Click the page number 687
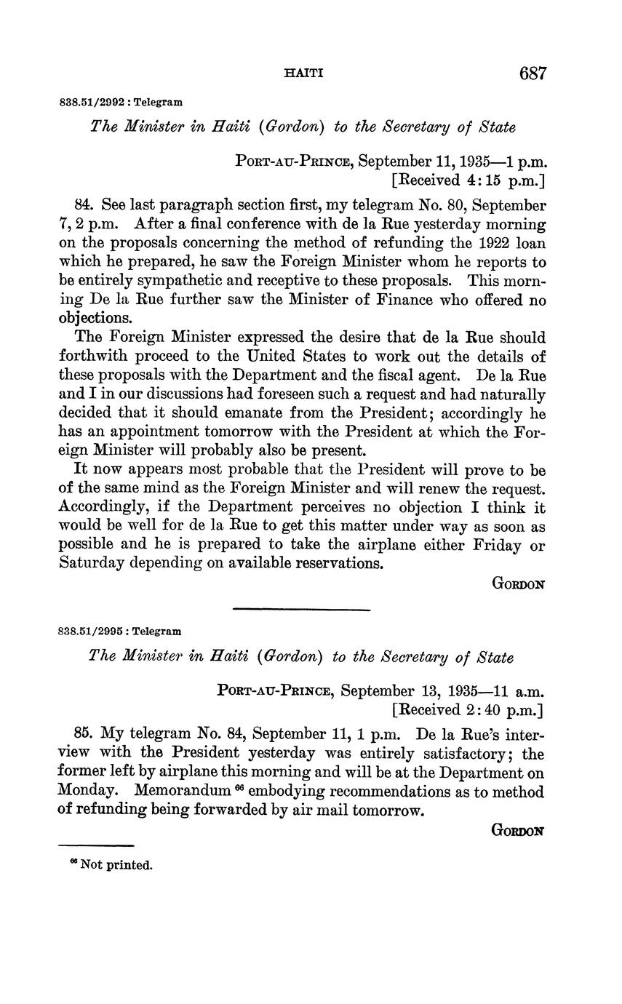pos(533,73)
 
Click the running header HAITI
pos(303,73)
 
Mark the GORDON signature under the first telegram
pos(518,583)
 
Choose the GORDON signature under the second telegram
pos(518,830)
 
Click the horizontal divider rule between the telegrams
pos(301,609)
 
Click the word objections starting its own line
pos(95,319)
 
